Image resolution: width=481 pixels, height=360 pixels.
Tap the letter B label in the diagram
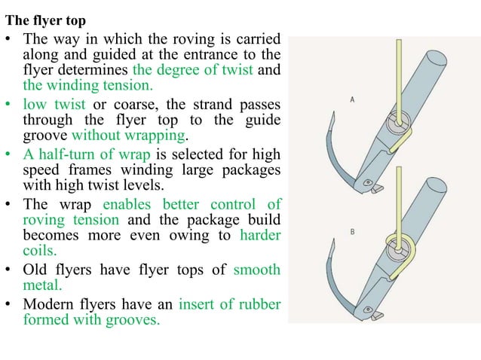point(353,232)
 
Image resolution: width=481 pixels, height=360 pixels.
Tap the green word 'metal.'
point(44,285)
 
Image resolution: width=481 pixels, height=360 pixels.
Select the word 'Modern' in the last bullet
point(51,304)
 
